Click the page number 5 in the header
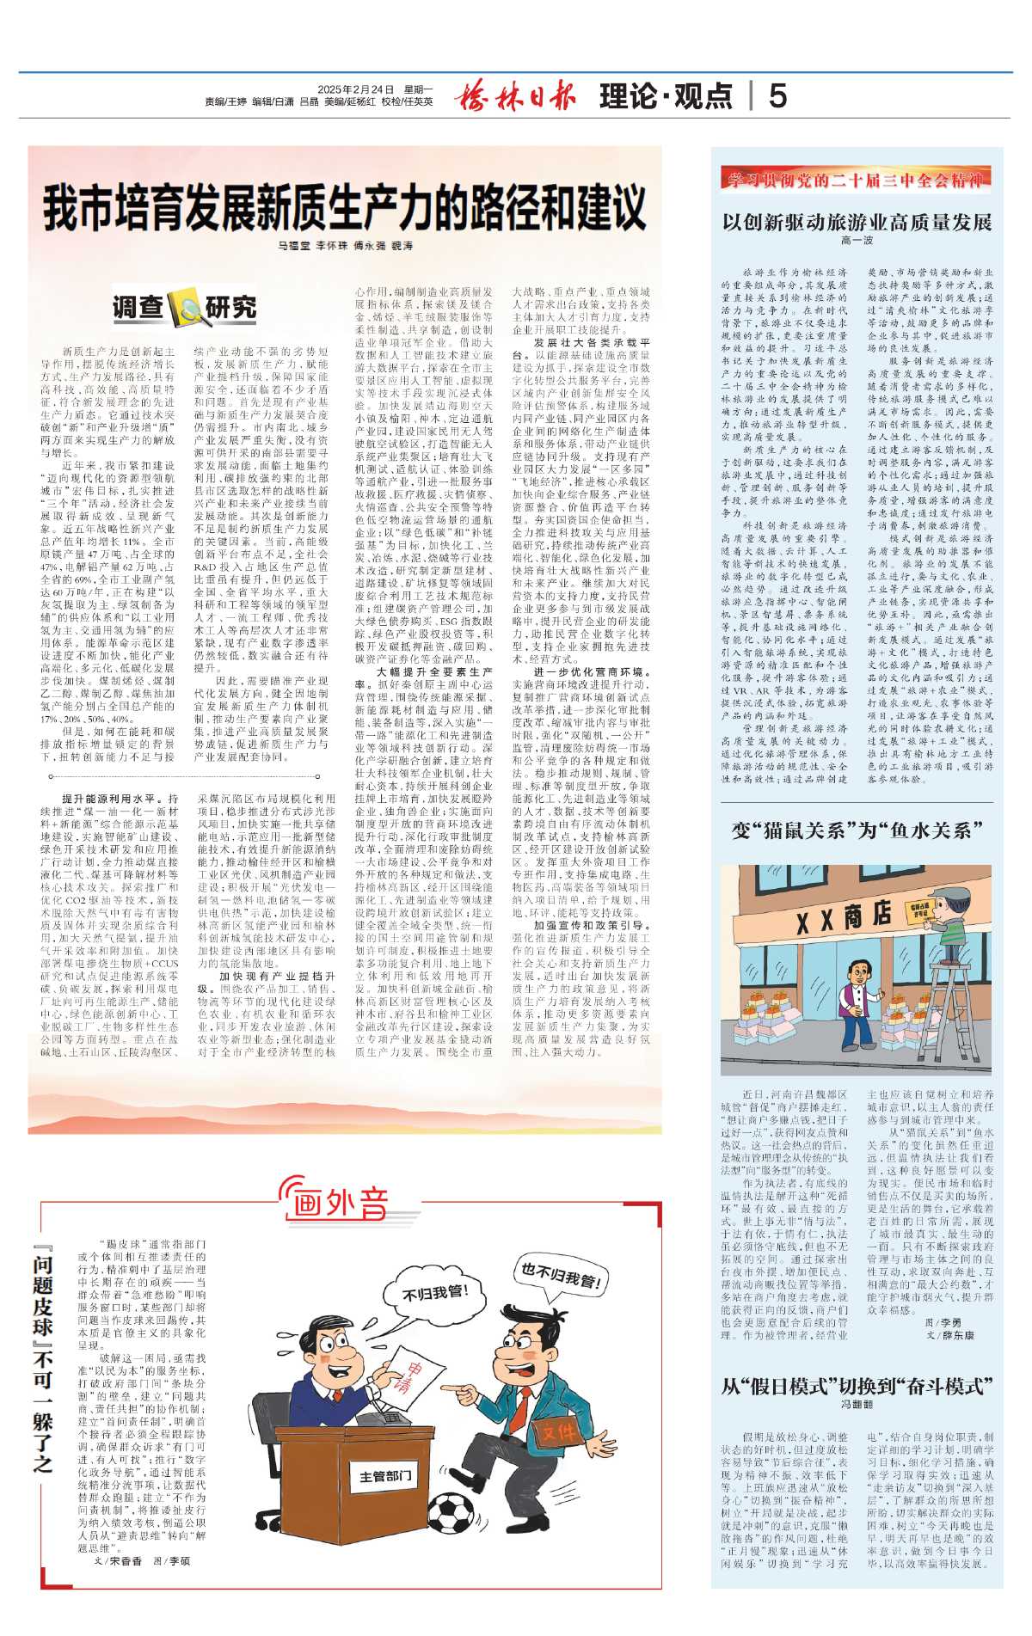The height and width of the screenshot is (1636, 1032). click(777, 95)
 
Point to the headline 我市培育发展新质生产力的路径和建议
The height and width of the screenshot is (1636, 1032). click(344, 206)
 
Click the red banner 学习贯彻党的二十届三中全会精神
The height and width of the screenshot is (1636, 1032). click(857, 180)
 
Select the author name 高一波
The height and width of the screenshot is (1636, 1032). click(857, 241)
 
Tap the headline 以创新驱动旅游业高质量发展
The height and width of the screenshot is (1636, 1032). click(857, 222)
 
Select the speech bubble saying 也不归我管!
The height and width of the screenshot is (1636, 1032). click(560, 1275)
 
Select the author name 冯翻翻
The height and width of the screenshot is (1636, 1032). click(857, 1404)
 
